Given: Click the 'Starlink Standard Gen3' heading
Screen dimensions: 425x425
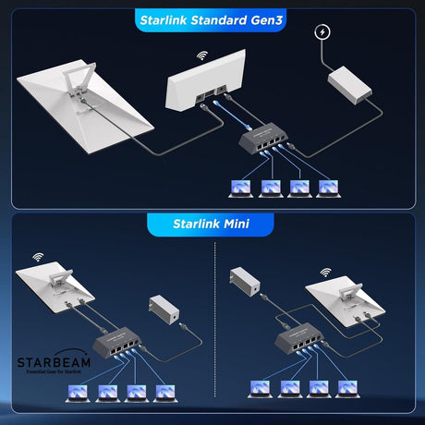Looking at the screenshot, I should (212, 19).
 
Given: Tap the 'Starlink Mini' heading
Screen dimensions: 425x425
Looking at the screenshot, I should (210, 223).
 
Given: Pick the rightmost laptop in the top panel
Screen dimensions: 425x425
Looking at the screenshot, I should (325, 188).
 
